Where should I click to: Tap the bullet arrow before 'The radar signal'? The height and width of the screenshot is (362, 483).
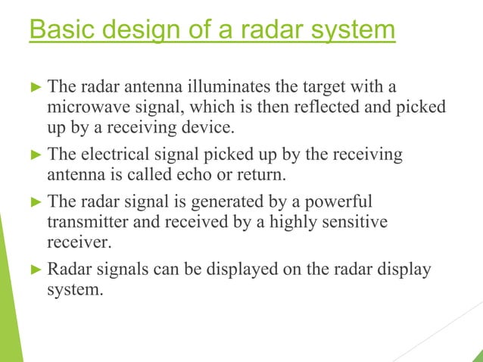(x=36, y=204)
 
